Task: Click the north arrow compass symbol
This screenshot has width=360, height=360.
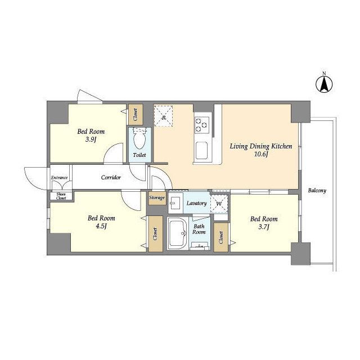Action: (x=324, y=84)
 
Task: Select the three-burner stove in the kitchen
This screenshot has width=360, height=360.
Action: (x=202, y=125)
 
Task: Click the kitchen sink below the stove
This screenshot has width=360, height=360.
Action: (x=201, y=151)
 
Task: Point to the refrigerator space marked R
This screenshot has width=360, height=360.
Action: (x=163, y=116)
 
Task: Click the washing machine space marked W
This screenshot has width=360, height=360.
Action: (x=219, y=204)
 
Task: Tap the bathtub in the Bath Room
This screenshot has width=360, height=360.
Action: (x=177, y=233)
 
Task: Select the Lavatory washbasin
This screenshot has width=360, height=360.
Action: (x=175, y=203)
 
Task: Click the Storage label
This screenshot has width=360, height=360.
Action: (x=157, y=197)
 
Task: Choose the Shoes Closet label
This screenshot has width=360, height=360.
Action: (x=61, y=196)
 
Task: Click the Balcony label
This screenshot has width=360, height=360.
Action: (x=317, y=191)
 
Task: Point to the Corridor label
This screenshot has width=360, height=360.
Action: (x=111, y=178)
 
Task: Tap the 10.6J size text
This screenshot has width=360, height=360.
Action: (x=261, y=154)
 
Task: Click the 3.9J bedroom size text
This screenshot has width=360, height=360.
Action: (x=91, y=139)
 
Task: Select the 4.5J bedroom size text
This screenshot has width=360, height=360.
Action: (x=101, y=226)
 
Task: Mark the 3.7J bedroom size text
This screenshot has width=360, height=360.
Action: (x=264, y=227)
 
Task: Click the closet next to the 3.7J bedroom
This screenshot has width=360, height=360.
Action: (x=221, y=237)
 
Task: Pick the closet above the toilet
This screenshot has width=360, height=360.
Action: (x=136, y=115)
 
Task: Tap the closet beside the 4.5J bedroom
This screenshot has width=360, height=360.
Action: (x=155, y=234)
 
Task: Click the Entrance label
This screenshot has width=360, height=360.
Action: (x=59, y=178)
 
